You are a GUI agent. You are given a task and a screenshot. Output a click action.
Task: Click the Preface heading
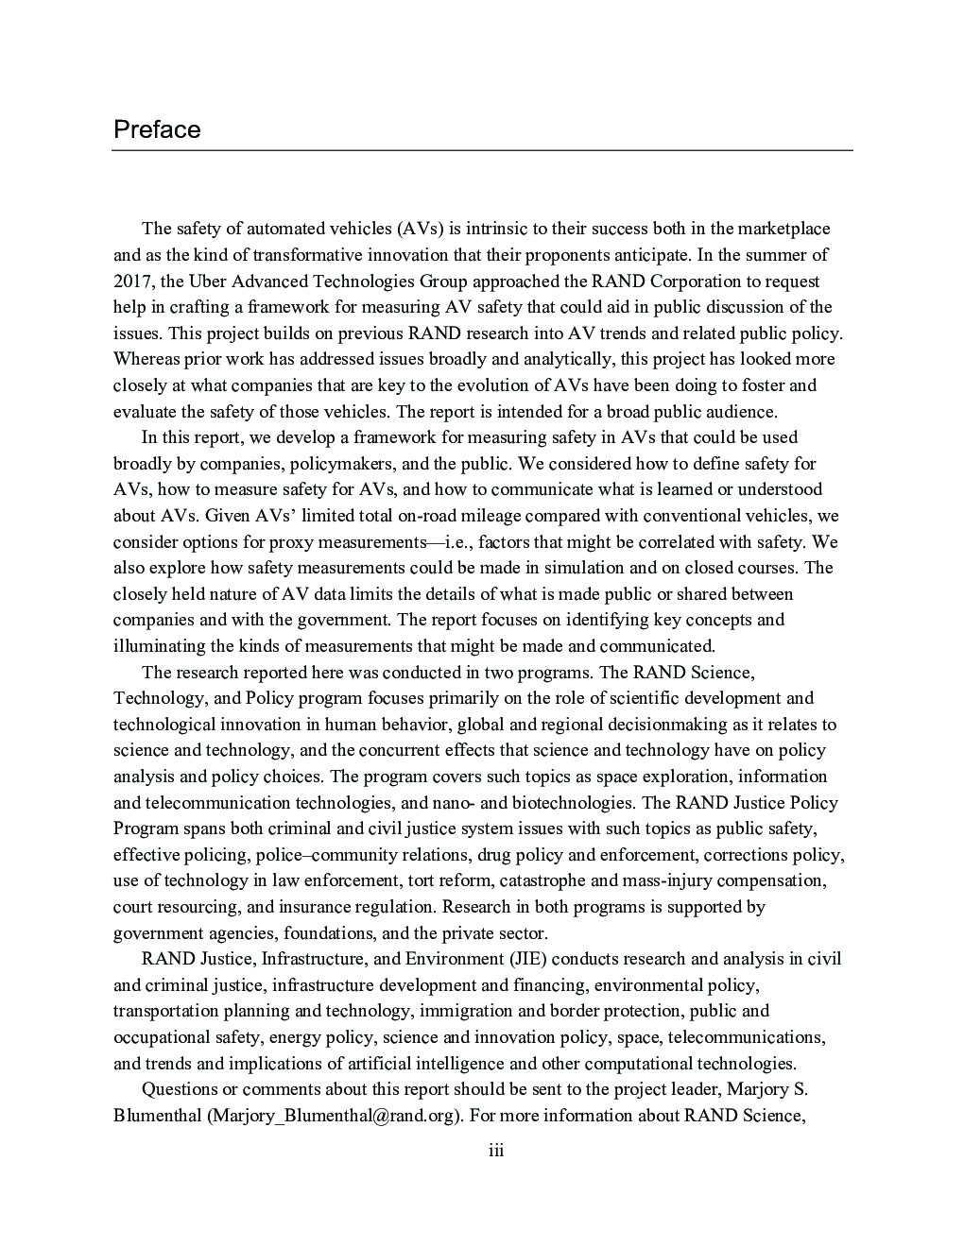tap(157, 129)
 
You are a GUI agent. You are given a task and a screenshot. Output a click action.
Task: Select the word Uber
tap(208, 281)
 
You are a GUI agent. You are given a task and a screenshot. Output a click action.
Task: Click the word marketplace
tap(783, 229)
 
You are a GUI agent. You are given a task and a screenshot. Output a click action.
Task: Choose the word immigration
tap(463, 1011)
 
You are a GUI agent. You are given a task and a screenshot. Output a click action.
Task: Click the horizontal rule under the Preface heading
tap(482, 150)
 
